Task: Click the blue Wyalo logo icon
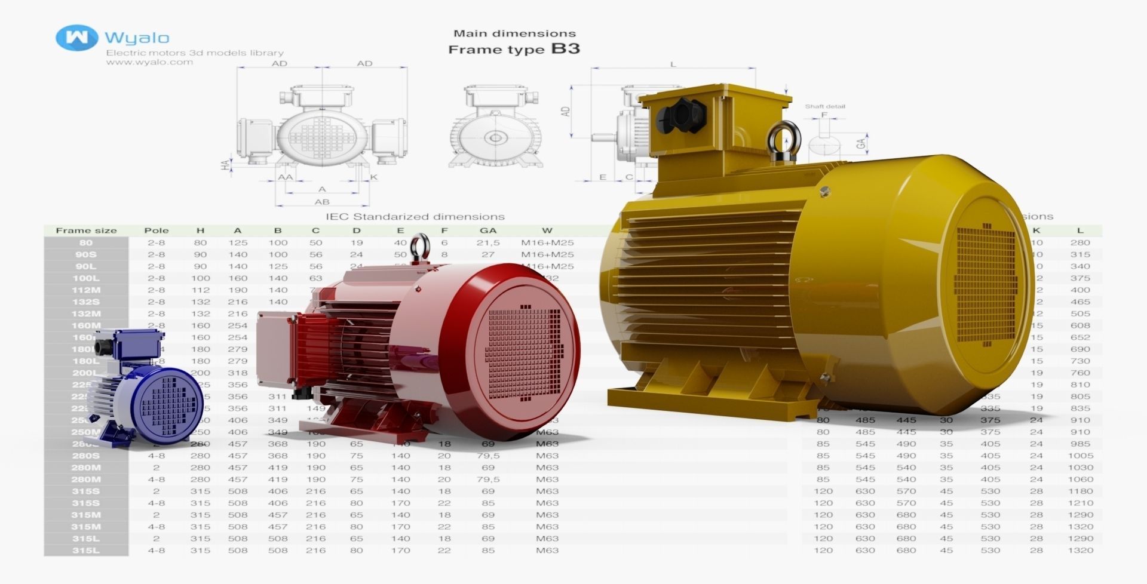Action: tap(76, 38)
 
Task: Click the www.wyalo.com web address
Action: tap(149, 62)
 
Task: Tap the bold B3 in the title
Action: tap(565, 48)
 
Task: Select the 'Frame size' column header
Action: tap(86, 230)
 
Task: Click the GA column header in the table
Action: tap(488, 230)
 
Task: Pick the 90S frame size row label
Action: tap(86, 254)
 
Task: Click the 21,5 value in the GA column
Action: tap(488, 242)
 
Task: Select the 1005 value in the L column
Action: tap(1079, 456)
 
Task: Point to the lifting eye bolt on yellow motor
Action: tap(780, 142)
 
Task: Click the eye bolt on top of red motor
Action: tap(421, 246)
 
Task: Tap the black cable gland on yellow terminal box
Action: tap(679, 115)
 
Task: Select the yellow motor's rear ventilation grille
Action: tap(985, 285)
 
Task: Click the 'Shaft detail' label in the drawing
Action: tap(824, 106)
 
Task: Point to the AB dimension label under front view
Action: tap(321, 202)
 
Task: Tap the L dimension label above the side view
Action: tap(673, 64)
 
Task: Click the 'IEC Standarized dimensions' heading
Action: tap(415, 216)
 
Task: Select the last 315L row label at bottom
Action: tap(86, 551)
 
